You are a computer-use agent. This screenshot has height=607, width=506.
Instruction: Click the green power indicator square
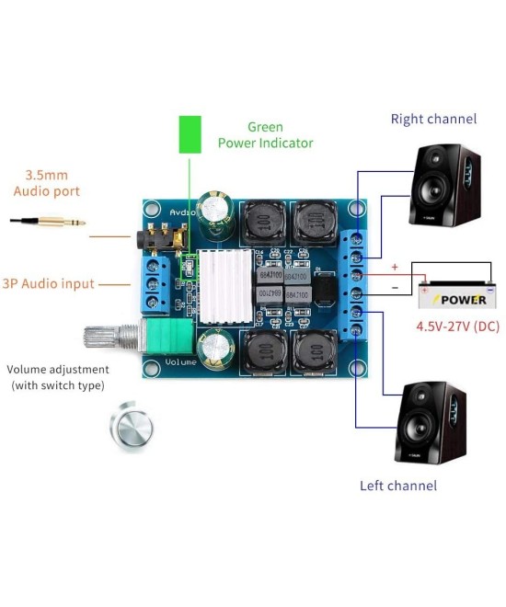[190, 134]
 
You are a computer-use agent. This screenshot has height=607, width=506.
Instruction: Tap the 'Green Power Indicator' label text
[265, 135]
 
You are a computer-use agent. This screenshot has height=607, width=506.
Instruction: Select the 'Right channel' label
[433, 119]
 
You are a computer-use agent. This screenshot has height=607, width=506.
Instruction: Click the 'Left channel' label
[398, 485]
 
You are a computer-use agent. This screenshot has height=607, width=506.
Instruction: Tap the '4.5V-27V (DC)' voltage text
[458, 326]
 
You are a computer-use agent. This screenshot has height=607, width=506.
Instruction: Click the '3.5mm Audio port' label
[46, 183]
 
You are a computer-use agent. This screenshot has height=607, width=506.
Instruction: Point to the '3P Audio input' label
[47, 283]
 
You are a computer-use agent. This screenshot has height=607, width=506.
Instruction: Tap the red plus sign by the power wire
[395, 267]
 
